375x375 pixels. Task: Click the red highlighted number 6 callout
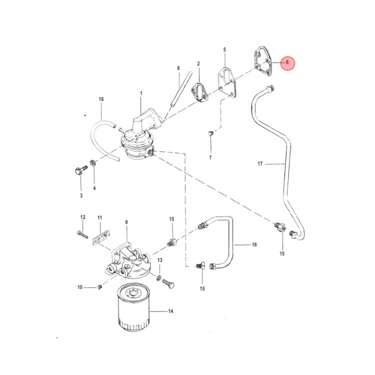click(x=287, y=63)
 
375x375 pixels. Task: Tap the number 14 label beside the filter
click(x=170, y=311)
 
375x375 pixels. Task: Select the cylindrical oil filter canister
click(x=134, y=307)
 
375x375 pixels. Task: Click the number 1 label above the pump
click(x=141, y=93)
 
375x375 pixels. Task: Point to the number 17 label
click(x=260, y=164)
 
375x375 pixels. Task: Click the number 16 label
click(x=254, y=245)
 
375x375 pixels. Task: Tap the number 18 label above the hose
click(x=101, y=99)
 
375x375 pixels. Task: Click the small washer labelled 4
click(x=93, y=163)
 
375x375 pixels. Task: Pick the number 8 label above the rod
click(x=179, y=68)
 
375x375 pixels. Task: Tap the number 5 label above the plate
click(x=224, y=50)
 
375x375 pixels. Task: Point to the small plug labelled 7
click(x=210, y=133)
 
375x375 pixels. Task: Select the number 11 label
click(x=99, y=218)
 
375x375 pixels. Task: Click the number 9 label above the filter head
click(x=127, y=222)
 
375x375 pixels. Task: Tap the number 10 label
click(x=80, y=287)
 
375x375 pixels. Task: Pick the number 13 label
click(x=160, y=260)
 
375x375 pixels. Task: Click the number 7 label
click(x=210, y=158)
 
